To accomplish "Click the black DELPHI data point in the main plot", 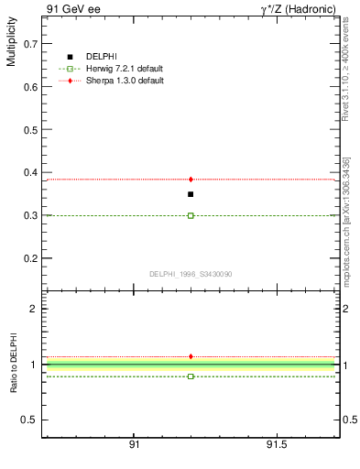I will point(191,194).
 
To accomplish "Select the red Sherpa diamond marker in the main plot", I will point(191,180).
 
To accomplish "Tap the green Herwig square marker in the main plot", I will point(191,215).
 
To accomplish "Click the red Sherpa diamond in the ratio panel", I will point(191,356).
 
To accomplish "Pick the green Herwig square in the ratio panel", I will point(191,376).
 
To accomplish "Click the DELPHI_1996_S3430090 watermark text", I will point(191,274).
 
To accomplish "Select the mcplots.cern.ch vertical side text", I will point(345,229).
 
